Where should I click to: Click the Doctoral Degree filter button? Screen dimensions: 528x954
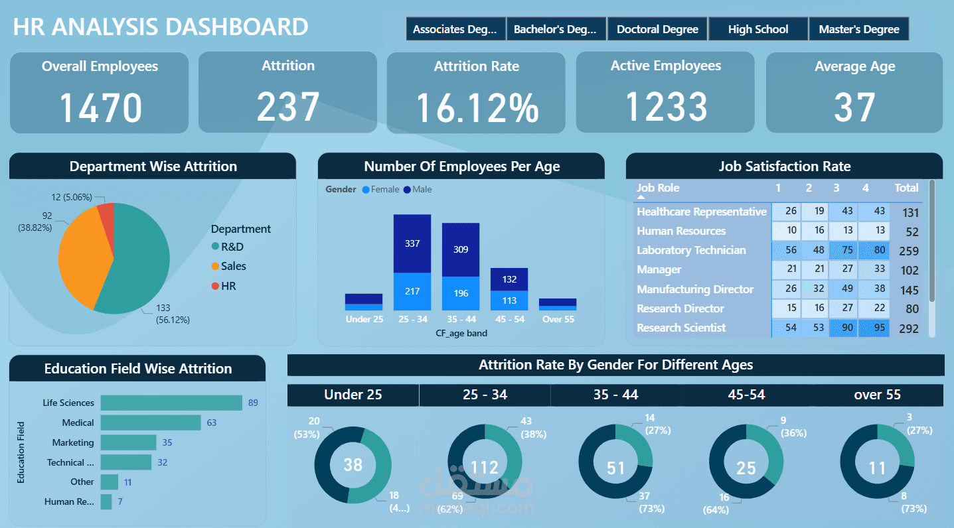point(657,29)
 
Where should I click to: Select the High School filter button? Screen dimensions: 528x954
point(757,29)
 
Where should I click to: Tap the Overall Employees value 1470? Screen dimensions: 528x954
point(100,108)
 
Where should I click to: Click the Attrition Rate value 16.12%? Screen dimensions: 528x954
point(477,108)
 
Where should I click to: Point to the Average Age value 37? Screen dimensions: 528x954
point(854,108)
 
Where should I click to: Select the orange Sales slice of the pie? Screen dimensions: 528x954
point(83,255)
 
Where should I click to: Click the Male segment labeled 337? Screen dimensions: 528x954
point(412,243)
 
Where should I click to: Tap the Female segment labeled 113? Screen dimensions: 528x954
point(509,300)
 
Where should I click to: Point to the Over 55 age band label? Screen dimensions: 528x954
point(558,319)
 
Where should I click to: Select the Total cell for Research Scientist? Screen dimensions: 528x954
point(908,328)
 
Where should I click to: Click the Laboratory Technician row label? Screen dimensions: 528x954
point(691,250)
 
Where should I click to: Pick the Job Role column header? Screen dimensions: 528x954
point(658,188)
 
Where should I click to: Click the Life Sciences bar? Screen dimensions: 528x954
point(171,403)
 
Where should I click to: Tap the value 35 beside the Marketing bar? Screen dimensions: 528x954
point(167,442)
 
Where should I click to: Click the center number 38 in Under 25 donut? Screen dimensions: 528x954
point(353,464)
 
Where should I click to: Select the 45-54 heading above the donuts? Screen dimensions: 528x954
point(746,395)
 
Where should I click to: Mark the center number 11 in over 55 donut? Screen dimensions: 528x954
point(877,468)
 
